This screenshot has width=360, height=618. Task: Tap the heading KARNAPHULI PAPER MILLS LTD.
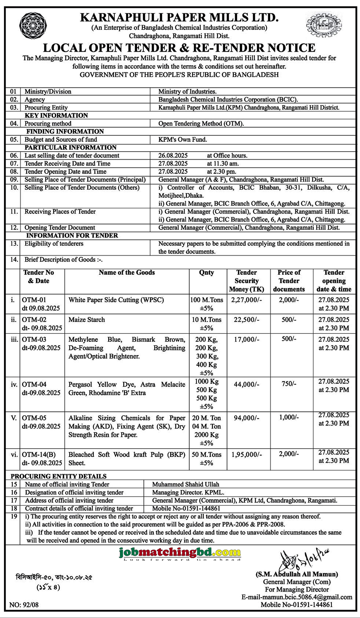[x=179, y=17]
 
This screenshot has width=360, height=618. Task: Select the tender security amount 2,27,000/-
[x=247, y=300]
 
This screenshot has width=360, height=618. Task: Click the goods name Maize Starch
[x=87, y=319]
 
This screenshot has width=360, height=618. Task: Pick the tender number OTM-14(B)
[x=39, y=454]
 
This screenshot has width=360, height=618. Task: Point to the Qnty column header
[x=207, y=273]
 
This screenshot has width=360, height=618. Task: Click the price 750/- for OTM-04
[x=289, y=384]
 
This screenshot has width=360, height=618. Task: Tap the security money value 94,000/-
[x=247, y=418]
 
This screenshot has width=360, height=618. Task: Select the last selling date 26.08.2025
[x=173, y=156]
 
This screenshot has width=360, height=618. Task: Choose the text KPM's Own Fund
[x=183, y=139]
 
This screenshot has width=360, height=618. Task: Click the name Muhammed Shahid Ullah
[x=185, y=484]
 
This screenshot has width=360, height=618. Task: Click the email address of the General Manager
[x=297, y=597]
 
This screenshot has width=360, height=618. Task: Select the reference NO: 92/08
[x=24, y=605]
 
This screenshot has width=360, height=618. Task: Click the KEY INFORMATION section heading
[x=56, y=116]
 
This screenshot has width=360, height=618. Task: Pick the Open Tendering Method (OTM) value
[x=201, y=124]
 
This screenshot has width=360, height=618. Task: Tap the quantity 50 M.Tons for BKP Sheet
[x=207, y=454]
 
